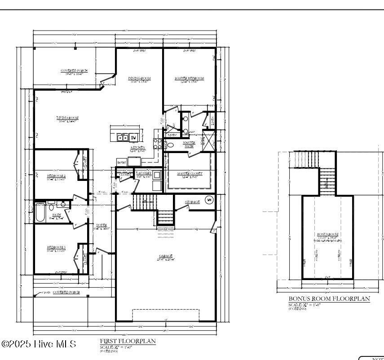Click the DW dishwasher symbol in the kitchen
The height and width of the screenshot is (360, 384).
[133, 138]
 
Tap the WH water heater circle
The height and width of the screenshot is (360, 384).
[209, 199]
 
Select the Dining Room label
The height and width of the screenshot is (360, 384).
[140, 79]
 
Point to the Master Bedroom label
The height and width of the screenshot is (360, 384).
[189, 79]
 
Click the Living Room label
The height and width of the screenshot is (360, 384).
[67, 118]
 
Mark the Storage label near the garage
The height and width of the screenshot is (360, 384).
[192, 202]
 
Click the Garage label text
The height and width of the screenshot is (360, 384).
[166, 257]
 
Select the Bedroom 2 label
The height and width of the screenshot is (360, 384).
[57, 176]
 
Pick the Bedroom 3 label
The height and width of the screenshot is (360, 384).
[57, 247]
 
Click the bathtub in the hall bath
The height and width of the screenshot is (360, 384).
[40, 213]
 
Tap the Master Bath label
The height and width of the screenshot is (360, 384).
[189, 144]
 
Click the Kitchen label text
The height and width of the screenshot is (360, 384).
[137, 148]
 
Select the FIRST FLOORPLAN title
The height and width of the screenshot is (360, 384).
[128, 341]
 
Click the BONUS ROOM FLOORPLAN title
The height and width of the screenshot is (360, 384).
[329, 299]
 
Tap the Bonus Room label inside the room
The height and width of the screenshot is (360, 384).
[327, 234]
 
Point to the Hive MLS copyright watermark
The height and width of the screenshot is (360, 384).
[39, 344]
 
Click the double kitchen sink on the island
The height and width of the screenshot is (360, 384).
[123, 138]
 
